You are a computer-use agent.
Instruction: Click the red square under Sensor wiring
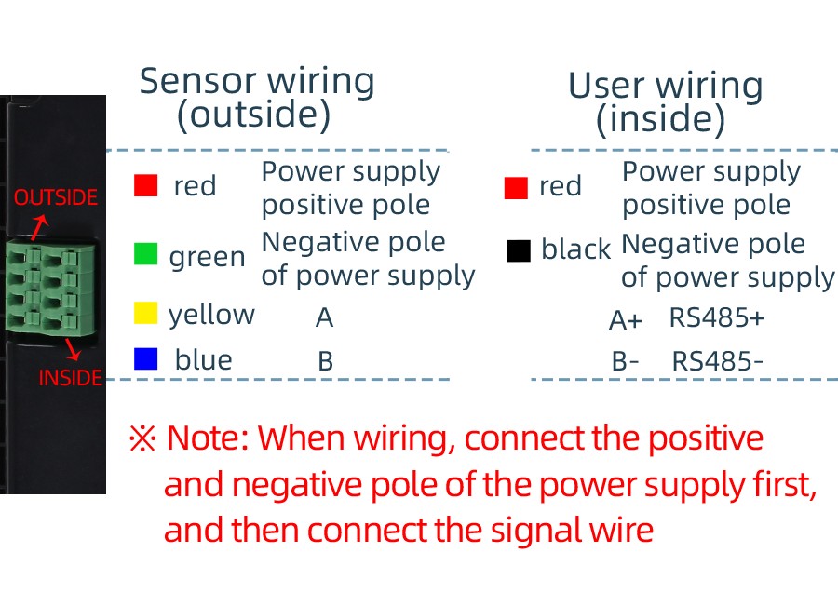coord(145,185)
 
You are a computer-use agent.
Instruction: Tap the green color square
coord(145,254)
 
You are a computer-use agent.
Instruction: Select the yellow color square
coord(145,313)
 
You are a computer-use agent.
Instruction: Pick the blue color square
coord(145,359)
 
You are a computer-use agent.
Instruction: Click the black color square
coord(519,249)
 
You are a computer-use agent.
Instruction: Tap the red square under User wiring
coord(516,188)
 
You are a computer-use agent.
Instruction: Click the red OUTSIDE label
coord(55,197)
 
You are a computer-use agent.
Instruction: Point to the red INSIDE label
coord(70,378)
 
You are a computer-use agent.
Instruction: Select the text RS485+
coord(717,317)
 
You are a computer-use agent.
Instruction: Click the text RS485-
coord(718,360)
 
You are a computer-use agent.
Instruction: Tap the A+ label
coord(625,320)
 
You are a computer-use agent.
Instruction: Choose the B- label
coord(625,361)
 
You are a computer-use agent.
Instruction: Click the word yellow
coord(211,315)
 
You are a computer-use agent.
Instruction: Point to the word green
coord(207,257)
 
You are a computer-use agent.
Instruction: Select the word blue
coord(203,360)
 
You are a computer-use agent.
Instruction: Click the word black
coord(575,249)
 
